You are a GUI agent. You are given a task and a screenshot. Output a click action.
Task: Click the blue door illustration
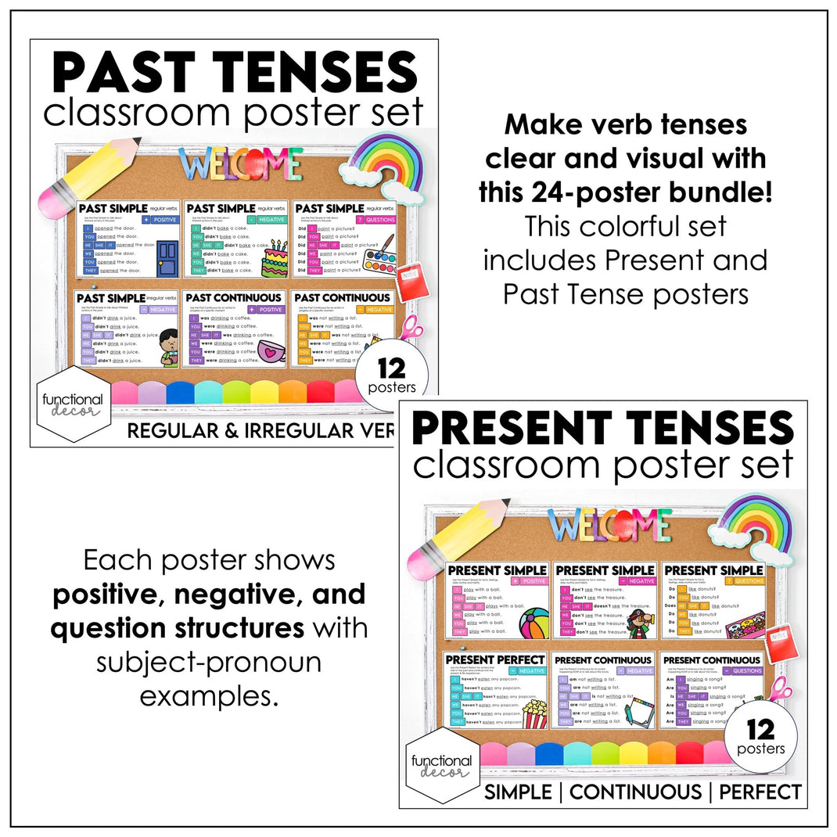167,258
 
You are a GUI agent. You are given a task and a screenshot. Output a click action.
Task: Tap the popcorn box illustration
533,713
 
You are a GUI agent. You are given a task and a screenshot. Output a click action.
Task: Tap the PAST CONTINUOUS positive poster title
235,298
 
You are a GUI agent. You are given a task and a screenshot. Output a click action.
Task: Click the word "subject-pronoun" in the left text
209,662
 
